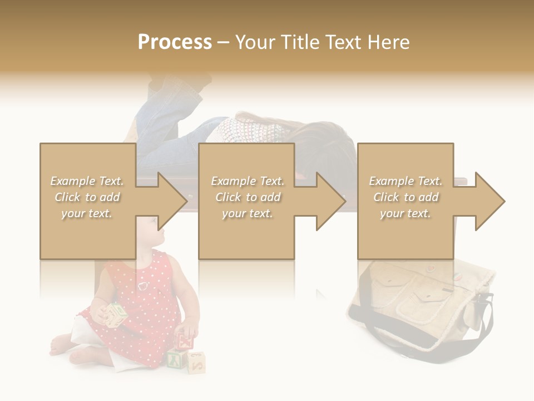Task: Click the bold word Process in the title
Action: [175, 42]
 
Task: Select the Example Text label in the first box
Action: [87, 181]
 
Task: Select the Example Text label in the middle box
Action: [248, 181]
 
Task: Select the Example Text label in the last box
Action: [406, 181]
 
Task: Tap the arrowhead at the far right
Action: [489, 201]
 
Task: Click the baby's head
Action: [146, 234]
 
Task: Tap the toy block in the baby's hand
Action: [117, 315]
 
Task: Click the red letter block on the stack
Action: [185, 340]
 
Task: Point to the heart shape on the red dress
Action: [143, 286]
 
